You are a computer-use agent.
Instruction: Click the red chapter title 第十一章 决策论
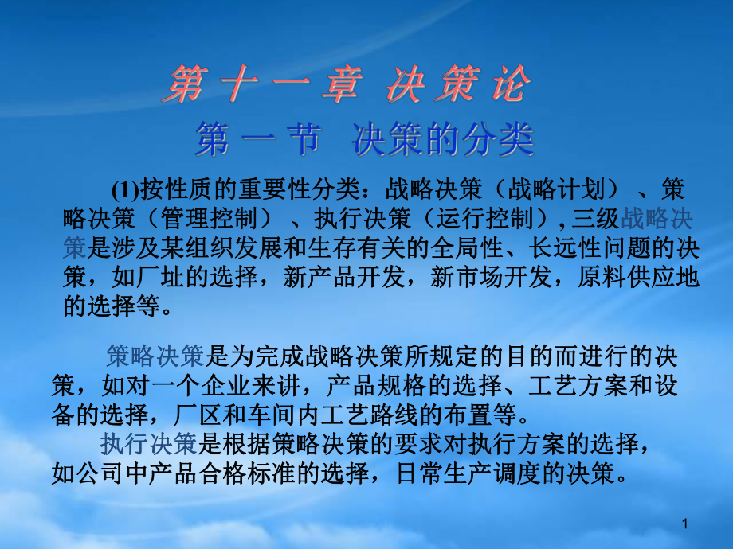tap(347, 84)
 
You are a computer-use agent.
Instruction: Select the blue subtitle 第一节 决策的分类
tap(365, 139)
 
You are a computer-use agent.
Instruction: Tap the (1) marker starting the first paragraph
tap(125, 189)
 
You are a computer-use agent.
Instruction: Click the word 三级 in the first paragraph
tap(595, 218)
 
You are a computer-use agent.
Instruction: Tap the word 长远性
tap(565, 247)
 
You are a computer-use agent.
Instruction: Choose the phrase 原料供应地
tap(638, 277)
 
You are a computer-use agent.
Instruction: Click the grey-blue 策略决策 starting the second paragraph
tap(155, 356)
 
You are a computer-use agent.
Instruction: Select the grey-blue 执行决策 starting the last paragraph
tap(148, 443)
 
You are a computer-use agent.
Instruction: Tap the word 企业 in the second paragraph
tap(225, 386)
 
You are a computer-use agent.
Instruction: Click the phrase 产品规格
tap(375, 386)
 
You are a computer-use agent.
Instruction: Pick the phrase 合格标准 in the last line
tap(247, 473)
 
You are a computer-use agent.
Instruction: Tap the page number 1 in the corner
tap(685, 524)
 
